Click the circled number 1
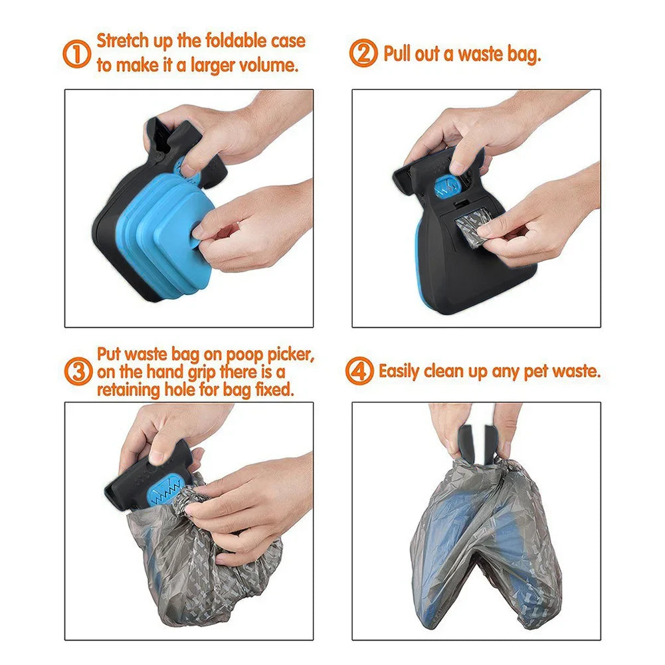coord(77,54)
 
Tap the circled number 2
coord(363,54)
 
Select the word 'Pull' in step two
coord(397,54)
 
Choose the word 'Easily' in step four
coord(399,371)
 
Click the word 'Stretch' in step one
coord(123,41)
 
